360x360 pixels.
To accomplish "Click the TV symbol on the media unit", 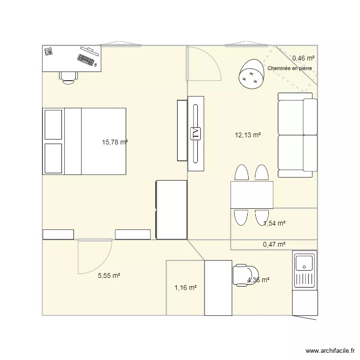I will click(195, 133).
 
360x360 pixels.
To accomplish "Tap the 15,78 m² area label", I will click(115, 142).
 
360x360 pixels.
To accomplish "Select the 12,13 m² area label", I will click(248, 135).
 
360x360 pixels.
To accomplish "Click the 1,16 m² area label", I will click(185, 288).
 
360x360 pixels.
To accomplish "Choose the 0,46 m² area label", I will click(303, 58).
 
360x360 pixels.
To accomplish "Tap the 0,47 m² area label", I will click(274, 244).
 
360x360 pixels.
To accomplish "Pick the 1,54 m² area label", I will click(275, 223).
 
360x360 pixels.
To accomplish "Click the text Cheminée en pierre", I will click(290, 69).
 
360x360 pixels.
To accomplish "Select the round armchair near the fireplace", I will click(251, 73).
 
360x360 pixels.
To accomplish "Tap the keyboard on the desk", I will click(85, 60).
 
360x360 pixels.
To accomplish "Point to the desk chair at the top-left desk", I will click(68, 77).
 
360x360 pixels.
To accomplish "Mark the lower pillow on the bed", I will click(53, 158).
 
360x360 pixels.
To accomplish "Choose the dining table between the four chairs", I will click(252, 195).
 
